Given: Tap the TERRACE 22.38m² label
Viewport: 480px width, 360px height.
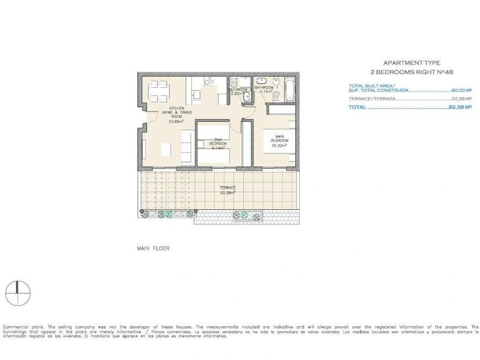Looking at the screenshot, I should coord(228,190).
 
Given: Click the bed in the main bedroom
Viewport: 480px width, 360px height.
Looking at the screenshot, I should coord(275,142).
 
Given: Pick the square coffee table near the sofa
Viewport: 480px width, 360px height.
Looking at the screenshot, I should coord(166,149).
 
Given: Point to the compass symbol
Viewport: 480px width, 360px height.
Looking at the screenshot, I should coord(18,293).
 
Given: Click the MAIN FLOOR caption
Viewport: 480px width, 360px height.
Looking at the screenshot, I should coord(153,248).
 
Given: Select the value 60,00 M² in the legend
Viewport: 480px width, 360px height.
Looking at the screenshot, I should coord(461,90).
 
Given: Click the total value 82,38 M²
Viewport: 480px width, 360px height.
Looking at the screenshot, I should coord(460,108).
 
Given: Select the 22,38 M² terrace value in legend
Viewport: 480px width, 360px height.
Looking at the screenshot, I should coord(461,99).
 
